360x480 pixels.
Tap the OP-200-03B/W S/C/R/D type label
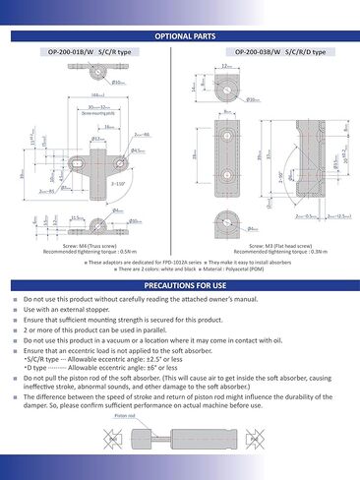pos(269,51)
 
